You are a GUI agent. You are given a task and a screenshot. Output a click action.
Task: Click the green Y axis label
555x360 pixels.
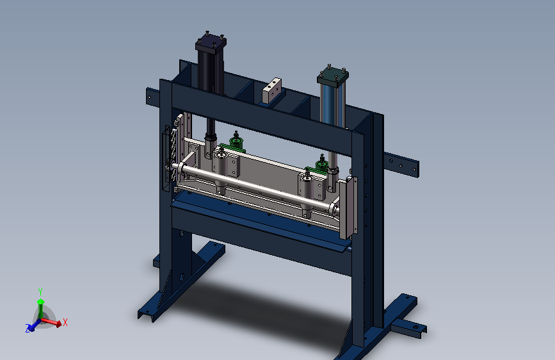coord(40,292)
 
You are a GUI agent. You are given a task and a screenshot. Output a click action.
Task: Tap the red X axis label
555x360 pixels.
coord(65,322)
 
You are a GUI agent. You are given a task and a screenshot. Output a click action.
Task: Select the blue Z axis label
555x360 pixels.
coord(28,329)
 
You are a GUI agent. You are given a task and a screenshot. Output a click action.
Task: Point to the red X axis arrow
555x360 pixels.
coord(52,322)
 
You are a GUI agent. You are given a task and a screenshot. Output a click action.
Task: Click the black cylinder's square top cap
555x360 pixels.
coord(211,44)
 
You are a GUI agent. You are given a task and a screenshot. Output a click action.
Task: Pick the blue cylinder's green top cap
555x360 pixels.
coord(333,76)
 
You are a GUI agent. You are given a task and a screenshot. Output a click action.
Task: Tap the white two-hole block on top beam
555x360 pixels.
coord(271,91)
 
